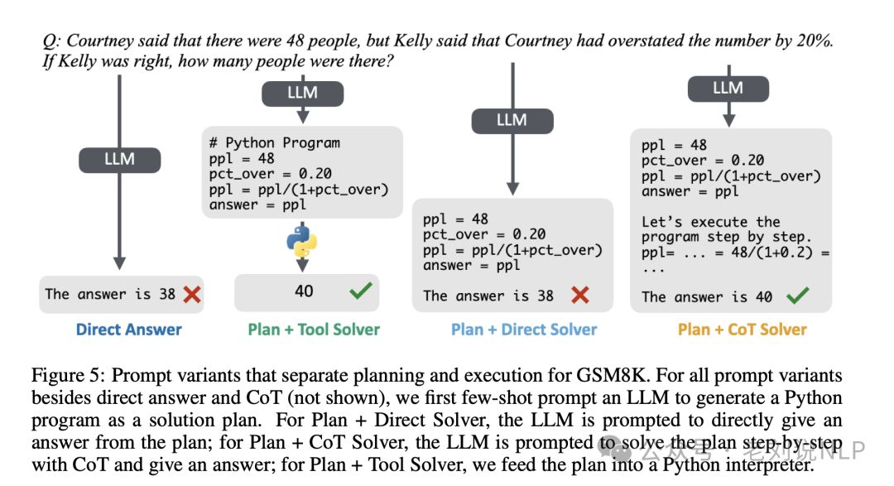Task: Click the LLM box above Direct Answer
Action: coord(119,159)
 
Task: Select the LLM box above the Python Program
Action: coord(302,94)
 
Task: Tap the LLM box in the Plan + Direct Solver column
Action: coord(512,121)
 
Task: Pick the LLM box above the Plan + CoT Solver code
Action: coord(728,89)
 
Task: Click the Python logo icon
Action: coord(302,239)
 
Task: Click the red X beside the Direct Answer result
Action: coord(192,294)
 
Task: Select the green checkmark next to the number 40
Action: coord(360,291)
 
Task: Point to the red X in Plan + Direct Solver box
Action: coord(580,296)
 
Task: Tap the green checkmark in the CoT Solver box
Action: coord(798,296)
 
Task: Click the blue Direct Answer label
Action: coord(128,330)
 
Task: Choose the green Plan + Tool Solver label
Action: coord(314,330)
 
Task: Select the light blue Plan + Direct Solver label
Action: coord(524,330)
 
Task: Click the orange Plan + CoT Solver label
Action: coord(742,330)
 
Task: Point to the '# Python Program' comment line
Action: coord(275,142)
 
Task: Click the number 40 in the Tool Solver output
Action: coord(303,291)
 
